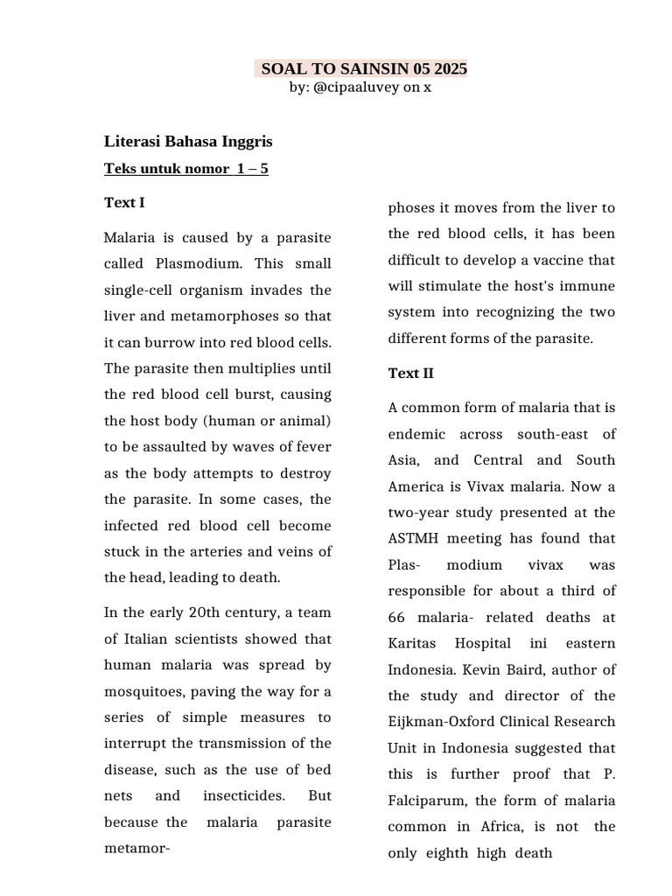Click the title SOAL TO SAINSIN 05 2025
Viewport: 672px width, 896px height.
pyautogui.click(x=363, y=68)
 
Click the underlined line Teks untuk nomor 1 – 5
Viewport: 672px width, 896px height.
pyautogui.click(x=185, y=169)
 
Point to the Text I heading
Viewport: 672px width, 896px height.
pyautogui.click(x=124, y=203)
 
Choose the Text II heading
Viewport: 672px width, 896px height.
pyautogui.click(x=410, y=374)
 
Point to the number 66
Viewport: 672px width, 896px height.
pyautogui.click(x=397, y=618)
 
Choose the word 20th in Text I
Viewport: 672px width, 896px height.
pyautogui.click(x=203, y=612)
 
